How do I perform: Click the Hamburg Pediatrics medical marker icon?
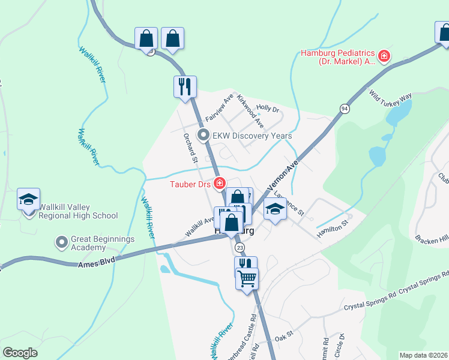(x=384, y=57)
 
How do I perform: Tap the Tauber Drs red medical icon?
(x=220, y=183)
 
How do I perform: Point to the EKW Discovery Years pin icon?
(x=203, y=136)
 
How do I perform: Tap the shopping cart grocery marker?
(x=247, y=278)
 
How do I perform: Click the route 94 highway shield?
(x=344, y=108)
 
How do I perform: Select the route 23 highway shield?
(x=240, y=247)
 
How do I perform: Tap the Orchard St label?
(x=190, y=147)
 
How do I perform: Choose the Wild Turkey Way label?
(x=390, y=97)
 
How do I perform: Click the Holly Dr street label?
(x=268, y=109)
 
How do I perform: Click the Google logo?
(x=20, y=353)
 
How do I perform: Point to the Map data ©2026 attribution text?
(x=424, y=355)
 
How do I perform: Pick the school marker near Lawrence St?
(x=275, y=209)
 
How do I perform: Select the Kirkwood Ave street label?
(x=250, y=110)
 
